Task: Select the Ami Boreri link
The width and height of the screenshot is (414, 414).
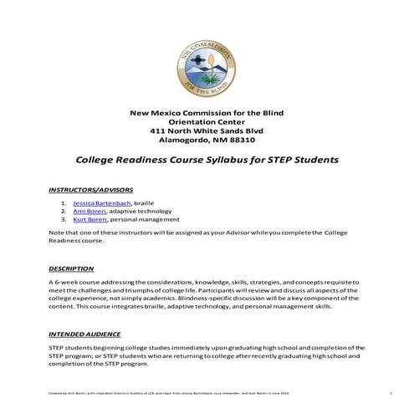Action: click(87, 212)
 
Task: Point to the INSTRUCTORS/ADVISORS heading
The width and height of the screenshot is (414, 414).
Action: click(90, 190)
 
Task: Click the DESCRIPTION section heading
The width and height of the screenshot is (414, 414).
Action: click(71, 268)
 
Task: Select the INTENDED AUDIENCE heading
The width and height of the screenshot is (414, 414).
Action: click(86, 333)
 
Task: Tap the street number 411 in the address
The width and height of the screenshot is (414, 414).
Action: click(157, 131)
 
